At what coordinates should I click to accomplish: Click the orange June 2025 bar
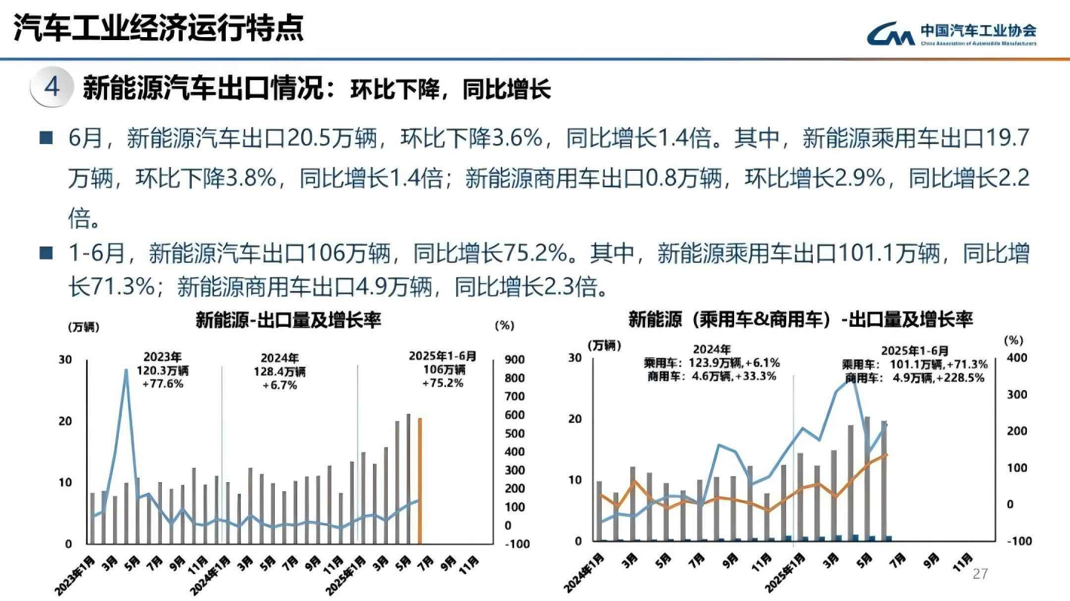point(420,481)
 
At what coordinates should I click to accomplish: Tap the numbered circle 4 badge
point(51,87)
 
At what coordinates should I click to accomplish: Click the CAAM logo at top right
point(952,34)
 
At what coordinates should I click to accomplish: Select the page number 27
point(981,574)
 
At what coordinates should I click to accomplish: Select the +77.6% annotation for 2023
point(162,384)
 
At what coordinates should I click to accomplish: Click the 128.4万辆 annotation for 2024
point(279,371)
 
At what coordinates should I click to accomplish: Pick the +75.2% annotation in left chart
point(443,383)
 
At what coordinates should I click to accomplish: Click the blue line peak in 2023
point(126,371)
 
